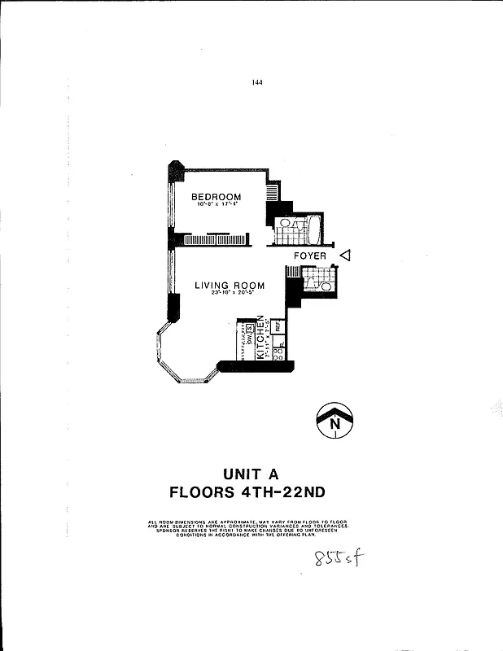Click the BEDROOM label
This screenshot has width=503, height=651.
(216, 197)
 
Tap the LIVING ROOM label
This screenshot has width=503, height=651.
(230, 285)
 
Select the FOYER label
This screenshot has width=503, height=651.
(310, 256)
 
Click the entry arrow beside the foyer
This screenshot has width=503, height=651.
(344, 256)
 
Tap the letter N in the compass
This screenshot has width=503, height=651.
(334, 423)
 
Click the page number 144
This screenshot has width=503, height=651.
(258, 82)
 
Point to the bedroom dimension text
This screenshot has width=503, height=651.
(216, 205)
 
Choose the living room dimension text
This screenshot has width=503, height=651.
(229, 293)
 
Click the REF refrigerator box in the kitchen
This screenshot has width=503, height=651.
(278, 327)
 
